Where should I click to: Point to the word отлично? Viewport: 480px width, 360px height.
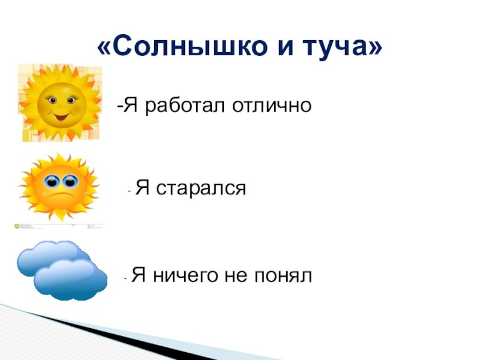point(272,106)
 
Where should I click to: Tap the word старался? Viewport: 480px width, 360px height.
point(201,188)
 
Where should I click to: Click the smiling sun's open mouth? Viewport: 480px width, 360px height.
point(61,116)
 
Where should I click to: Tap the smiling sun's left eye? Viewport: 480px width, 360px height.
point(53,100)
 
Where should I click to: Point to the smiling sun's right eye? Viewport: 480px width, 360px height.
point(71,100)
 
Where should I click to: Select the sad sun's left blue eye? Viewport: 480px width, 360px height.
point(52,181)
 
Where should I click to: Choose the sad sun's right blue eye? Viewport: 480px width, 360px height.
point(70,181)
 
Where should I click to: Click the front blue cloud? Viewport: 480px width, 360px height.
point(70,280)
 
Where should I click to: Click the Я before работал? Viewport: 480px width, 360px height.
point(131,106)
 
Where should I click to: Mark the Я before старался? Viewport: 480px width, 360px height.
point(142,188)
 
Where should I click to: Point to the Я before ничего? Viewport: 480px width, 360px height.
point(139,276)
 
